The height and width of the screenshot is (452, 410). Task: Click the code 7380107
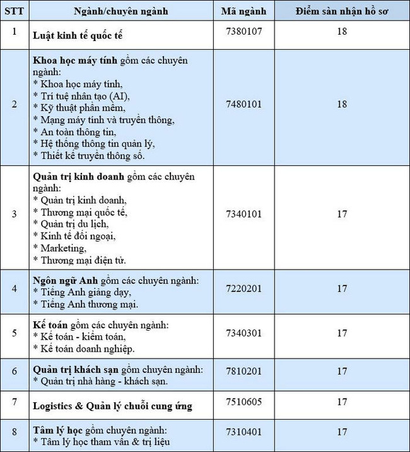244,30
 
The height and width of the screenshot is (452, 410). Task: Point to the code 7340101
244,213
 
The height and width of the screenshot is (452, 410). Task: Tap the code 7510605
244,401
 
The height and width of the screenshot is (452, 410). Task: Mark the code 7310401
244,432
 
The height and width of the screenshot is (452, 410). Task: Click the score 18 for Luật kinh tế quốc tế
341,30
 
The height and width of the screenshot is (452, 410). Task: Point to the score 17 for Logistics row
341,401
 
